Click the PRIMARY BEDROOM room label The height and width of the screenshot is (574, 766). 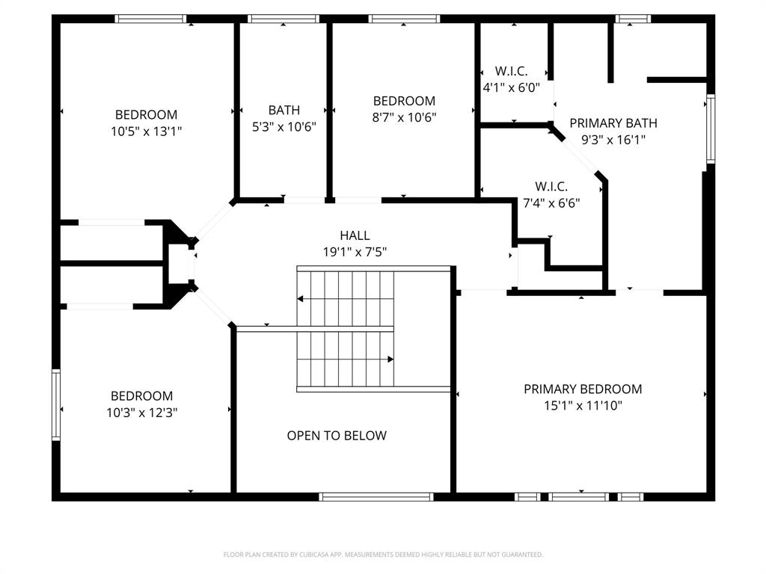pos(582,389)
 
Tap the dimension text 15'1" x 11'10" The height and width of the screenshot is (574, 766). pos(582,406)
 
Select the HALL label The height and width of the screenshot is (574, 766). pos(355,235)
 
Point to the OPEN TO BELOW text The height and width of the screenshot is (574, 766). pos(337,435)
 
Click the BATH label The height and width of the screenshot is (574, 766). pos(284,111)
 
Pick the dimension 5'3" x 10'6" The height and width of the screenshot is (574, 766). pos(284,127)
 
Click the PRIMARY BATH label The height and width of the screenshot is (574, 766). pos(613,123)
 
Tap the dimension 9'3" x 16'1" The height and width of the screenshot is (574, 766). pos(613,139)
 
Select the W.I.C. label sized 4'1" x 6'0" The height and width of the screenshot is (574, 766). pos(511,71)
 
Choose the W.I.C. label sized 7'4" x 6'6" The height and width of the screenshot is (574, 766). pos(551,186)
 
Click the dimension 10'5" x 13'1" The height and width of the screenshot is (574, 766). pos(146,131)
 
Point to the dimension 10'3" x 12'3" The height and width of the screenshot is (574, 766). pos(141,412)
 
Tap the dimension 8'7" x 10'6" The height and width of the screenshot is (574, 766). pos(404,117)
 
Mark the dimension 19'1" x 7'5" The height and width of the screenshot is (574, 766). pos(355,253)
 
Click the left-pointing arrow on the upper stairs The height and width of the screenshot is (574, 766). pos(301,299)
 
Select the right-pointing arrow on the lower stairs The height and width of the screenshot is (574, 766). pos(390,359)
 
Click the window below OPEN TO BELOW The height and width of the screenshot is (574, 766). pos(376,496)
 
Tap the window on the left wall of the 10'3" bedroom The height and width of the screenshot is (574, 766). pos(55,404)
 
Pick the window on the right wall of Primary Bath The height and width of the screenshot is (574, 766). pos(711,129)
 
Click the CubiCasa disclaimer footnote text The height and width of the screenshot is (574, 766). pos(383,555)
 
